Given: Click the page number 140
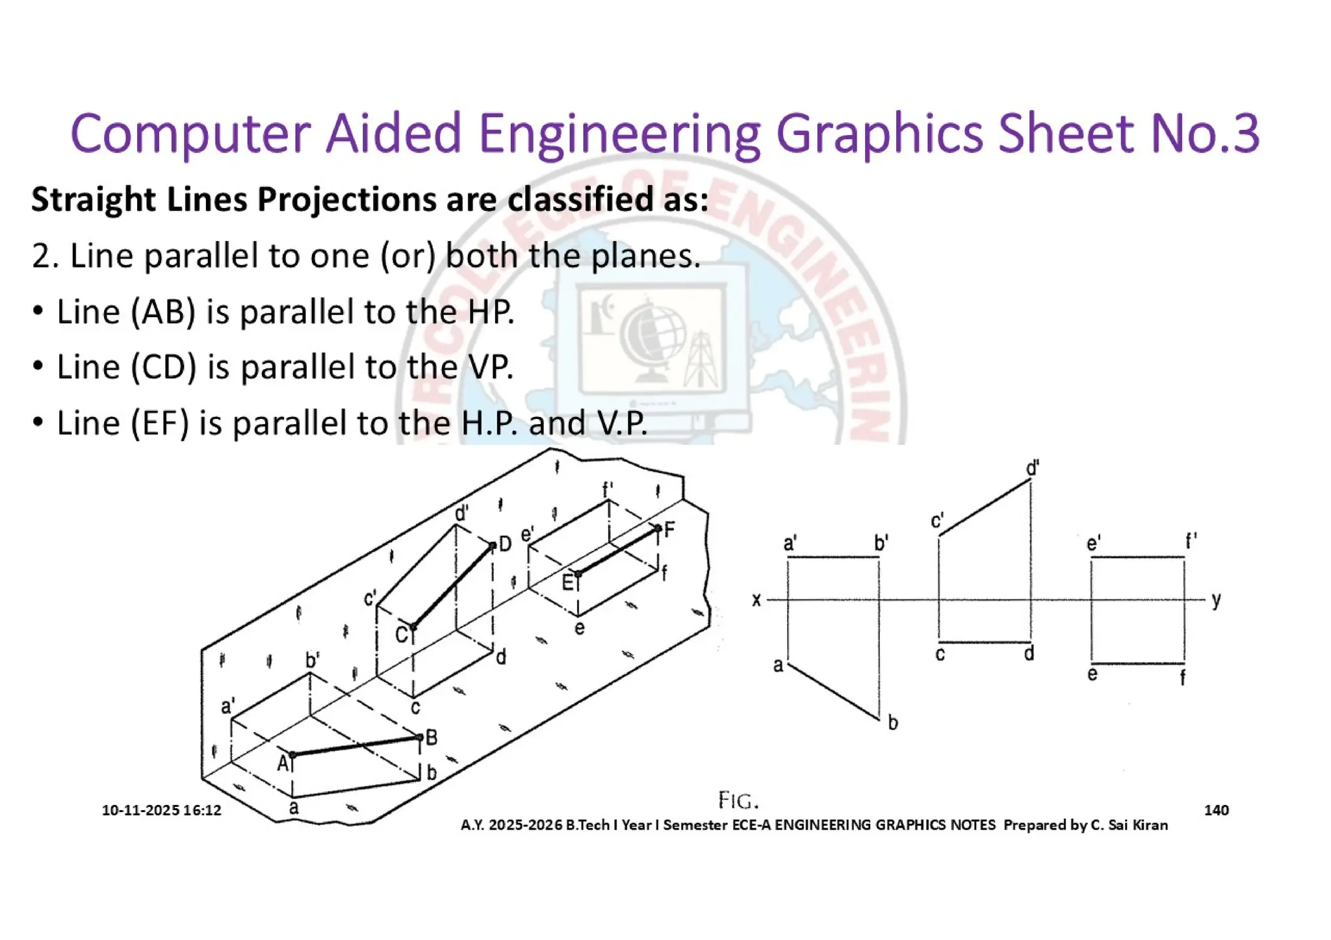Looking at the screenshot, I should pos(1216,810).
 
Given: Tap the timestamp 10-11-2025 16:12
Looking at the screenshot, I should pos(161,810).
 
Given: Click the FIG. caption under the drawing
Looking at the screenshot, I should pos(738,801).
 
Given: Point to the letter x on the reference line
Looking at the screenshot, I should pos(756,600).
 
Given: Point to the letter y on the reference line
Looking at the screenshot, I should pos(1216,600).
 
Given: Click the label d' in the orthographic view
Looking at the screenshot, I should pos(1032,468).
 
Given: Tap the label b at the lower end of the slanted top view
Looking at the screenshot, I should pos(893,722).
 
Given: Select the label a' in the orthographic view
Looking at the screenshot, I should pos(790,543).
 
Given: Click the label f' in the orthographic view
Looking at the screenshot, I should pos(1191,541).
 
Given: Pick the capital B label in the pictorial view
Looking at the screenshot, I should pos(432,737).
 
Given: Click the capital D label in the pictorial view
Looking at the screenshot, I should pos(505,544).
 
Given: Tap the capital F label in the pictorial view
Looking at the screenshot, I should pos(669,529).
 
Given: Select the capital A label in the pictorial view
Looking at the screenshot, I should pos(283,763).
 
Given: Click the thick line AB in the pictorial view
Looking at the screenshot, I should pos(356,746).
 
